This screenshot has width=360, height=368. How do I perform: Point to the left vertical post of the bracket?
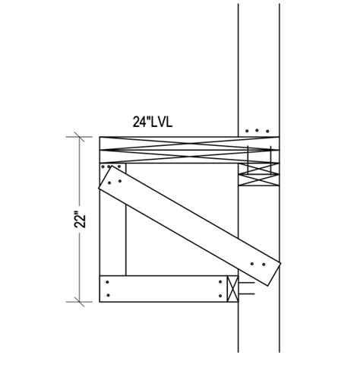tap(112, 228)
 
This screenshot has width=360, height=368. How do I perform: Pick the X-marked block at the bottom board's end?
tap(232, 288)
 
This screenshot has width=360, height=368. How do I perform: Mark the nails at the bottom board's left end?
tap(110, 287)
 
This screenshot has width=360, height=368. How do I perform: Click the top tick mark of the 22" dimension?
tap(78, 138)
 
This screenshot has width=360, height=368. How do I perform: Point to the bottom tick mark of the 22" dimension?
tap(78, 301)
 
